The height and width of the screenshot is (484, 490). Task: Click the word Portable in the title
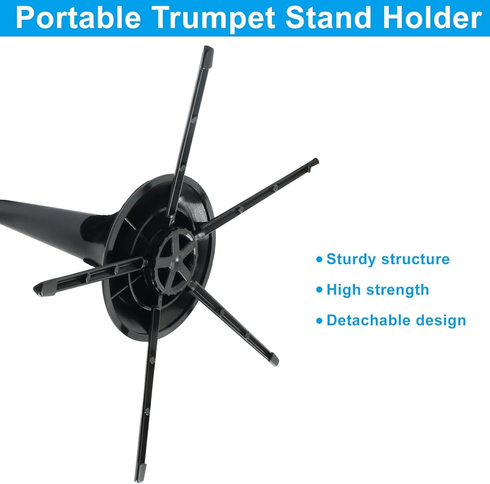(x=78, y=18)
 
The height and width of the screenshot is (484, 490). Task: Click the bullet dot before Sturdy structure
(x=319, y=259)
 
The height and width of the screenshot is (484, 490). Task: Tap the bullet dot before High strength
(x=319, y=290)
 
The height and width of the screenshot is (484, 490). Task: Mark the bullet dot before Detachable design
(x=319, y=321)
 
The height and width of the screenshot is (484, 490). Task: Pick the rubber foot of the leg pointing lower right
(x=273, y=359)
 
